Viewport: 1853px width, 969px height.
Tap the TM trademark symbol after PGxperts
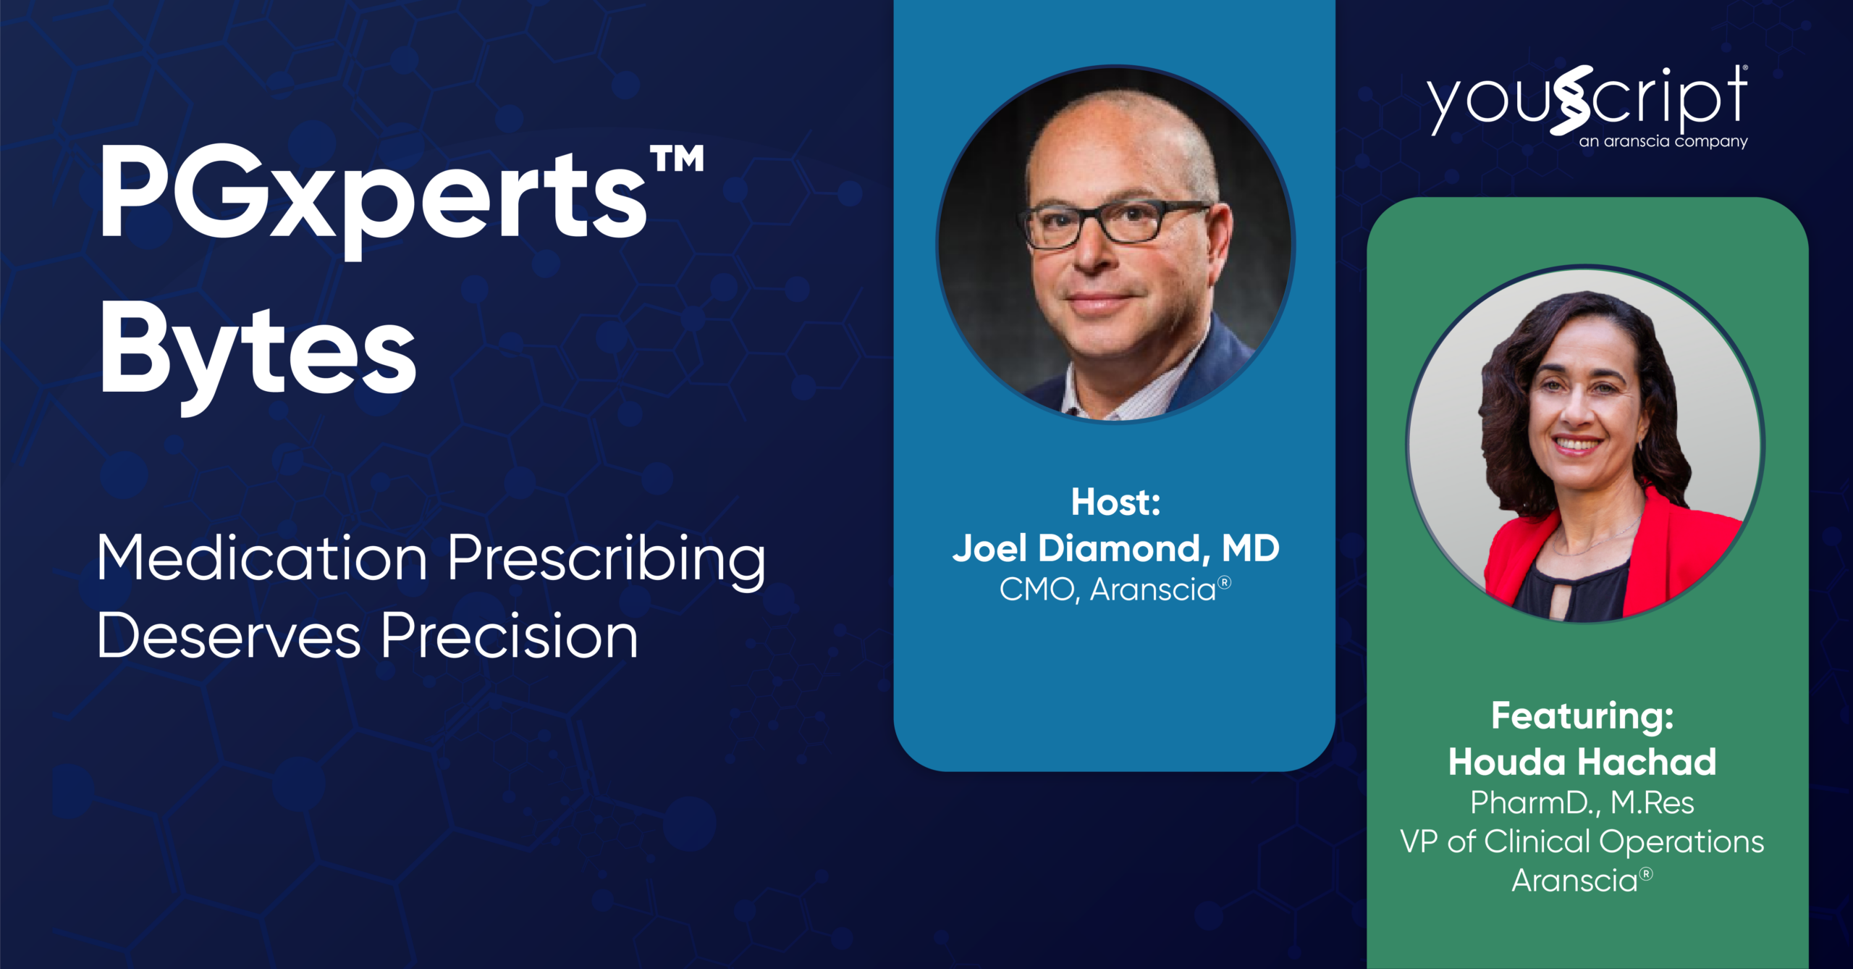678,159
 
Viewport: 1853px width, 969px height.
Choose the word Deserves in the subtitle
229,636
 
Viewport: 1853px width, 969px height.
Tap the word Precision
510,634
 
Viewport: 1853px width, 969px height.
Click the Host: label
1115,502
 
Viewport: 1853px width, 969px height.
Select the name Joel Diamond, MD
1115,548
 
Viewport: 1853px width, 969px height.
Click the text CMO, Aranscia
1108,590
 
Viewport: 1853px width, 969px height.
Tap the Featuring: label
1582,716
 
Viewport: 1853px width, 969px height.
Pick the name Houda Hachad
1582,762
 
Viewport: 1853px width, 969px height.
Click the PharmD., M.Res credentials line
1582,802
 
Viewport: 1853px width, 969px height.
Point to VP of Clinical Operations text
1582,842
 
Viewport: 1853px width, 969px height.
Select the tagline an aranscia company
1663,141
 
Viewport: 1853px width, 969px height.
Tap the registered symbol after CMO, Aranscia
1224,582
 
